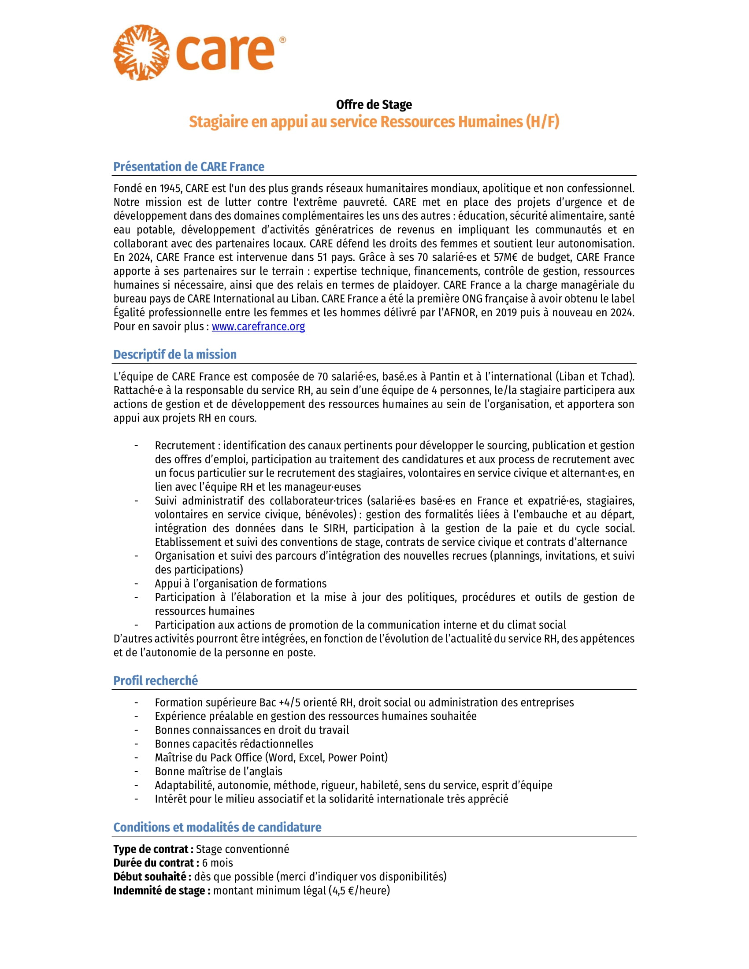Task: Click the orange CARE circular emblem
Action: click(141, 52)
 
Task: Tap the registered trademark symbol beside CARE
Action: click(283, 40)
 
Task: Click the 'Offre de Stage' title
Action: click(374, 105)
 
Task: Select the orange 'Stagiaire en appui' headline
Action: click(374, 122)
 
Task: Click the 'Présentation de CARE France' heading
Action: click(189, 167)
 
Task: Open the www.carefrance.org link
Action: click(258, 326)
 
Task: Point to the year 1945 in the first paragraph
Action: click(171, 189)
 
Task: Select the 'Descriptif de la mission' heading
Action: click(175, 355)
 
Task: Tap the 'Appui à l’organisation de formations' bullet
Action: click(241, 584)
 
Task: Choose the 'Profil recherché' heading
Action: click(155, 681)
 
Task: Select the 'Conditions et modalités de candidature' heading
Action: click(217, 827)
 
